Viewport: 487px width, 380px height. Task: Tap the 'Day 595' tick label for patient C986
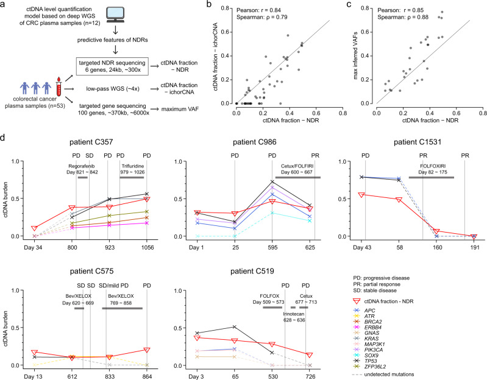[x=272, y=248]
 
